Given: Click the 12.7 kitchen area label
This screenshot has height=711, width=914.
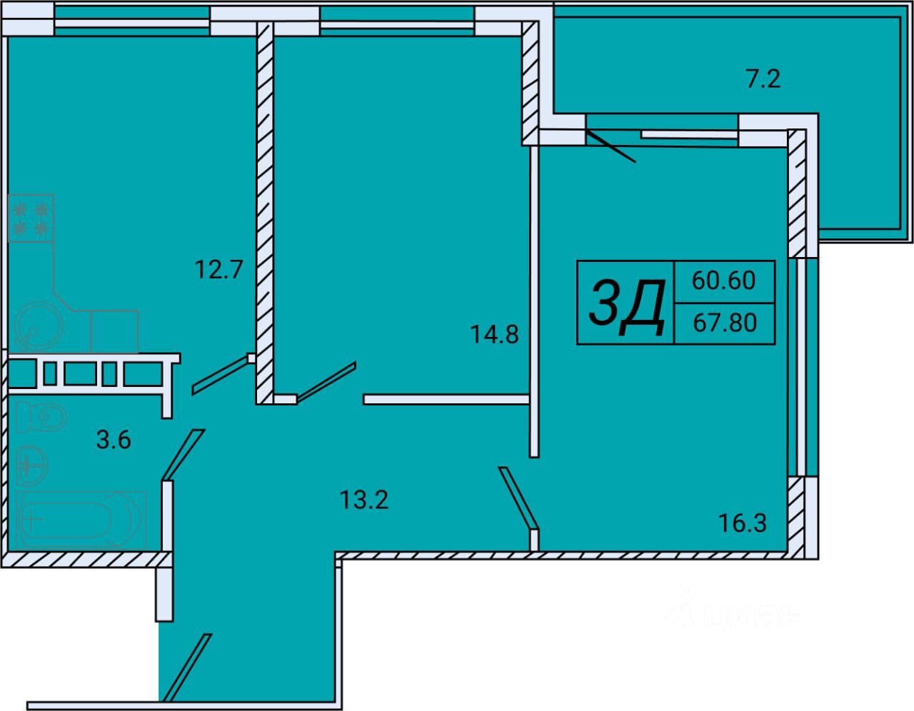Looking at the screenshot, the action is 219,270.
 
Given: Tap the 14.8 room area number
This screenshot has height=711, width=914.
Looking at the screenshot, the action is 494,335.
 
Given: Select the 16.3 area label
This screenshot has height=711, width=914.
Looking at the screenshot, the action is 743,523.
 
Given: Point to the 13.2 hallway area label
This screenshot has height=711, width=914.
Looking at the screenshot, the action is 364,500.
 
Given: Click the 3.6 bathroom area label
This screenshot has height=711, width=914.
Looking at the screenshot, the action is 114,440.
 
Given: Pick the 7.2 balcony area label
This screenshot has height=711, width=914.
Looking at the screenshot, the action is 763,79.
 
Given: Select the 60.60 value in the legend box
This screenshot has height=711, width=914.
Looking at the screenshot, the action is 724,281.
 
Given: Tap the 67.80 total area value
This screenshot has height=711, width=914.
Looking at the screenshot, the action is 725,323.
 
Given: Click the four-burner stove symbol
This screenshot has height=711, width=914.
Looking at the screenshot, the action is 31,218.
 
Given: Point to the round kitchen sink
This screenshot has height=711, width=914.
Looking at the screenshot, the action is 39,326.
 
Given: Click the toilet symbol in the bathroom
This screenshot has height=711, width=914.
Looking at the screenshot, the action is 41,417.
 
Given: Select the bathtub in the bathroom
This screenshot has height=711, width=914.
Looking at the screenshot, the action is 81,520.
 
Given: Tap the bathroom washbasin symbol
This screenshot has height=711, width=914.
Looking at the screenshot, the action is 32,466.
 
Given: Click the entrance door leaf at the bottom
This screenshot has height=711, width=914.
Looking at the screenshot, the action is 187,667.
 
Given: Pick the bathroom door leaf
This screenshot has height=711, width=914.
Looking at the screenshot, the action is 184,455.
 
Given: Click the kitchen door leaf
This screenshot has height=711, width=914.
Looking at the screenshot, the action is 220,375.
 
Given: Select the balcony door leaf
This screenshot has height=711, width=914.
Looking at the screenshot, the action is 611,146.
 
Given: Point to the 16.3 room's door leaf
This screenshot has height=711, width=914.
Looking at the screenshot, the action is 518,498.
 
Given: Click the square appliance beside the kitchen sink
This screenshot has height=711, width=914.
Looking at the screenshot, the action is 114,331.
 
